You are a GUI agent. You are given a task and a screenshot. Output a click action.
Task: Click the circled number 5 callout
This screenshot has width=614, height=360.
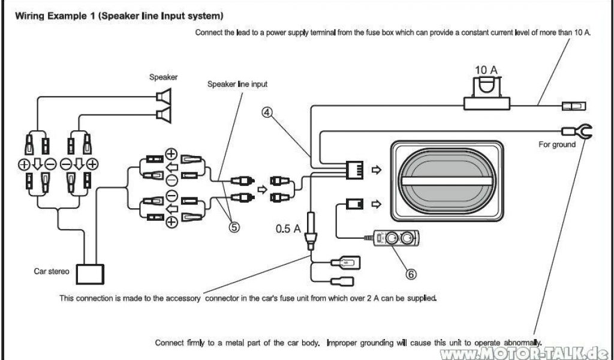point(234,227)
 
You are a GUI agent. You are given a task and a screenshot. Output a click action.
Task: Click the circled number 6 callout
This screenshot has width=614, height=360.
point(411,274)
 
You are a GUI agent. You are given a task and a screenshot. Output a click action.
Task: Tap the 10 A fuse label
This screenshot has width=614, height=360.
point(486,70)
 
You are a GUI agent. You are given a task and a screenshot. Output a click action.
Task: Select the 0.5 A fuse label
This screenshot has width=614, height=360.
point(288,228)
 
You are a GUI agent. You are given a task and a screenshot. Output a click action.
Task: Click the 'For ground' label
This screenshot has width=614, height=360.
point(556,145)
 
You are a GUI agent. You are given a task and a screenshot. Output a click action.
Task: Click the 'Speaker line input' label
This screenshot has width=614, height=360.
point(237,85)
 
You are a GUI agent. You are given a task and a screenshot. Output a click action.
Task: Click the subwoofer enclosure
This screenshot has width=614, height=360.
point(445,181)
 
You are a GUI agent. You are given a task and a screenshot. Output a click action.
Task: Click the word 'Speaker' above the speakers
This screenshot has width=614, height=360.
point(163,77)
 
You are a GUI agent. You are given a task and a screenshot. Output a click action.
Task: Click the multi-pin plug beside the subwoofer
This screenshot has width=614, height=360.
point(354,170)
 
